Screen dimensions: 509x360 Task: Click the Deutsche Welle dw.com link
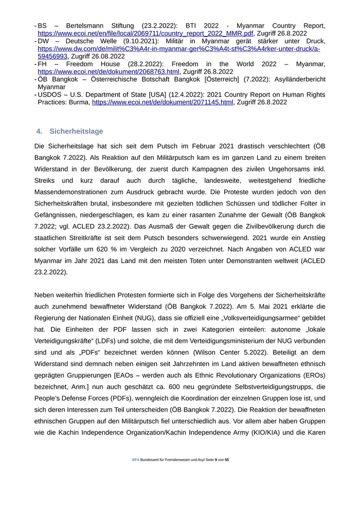(178, 48)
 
